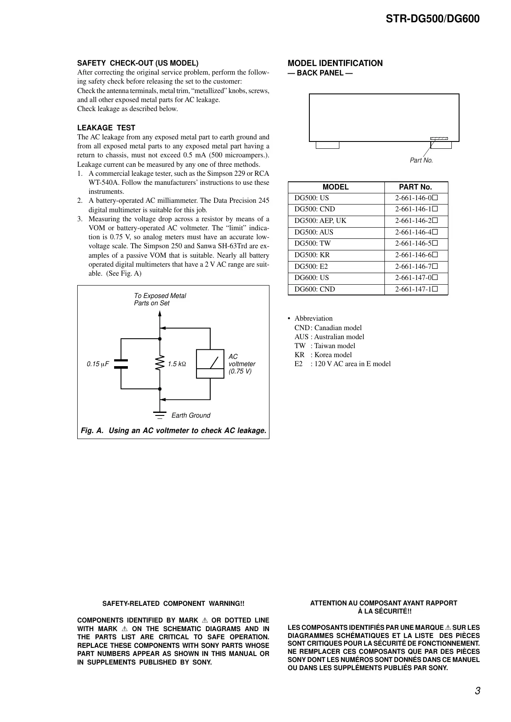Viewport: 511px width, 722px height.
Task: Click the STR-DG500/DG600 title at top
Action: [432, 19]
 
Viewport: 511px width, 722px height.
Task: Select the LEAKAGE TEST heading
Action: [106, 128]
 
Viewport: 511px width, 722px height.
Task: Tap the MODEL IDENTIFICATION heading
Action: [335, 63]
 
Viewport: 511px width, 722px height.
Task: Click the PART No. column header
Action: [415, 187]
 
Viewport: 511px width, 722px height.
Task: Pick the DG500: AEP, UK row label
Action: [320, 221]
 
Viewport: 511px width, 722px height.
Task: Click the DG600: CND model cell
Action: [314, 289]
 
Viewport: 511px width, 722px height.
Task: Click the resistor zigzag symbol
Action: [160, 364]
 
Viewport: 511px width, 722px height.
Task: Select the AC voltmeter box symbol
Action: [210, 364]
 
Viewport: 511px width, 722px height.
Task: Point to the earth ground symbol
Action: [160, 415]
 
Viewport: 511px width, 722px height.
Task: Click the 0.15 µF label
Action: [98, 364]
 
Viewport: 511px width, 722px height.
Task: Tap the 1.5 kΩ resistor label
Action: [177, 364]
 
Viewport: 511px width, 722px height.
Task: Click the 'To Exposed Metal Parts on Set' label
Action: [160, 299]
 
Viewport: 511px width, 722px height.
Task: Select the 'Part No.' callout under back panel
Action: [421, 160]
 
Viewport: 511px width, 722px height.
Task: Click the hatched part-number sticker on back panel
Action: [439, 138]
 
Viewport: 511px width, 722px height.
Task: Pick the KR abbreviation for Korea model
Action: [299, 355]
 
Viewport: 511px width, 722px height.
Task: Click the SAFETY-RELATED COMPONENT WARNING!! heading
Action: [173, 604]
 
